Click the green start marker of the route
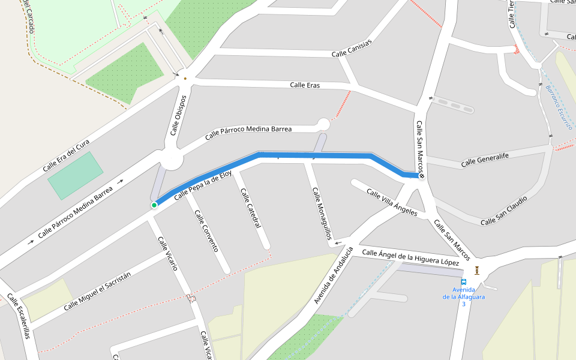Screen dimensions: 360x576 [x=154, y=205]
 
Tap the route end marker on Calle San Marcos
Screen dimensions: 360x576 [x=422, y=176]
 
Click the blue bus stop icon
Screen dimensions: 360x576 [x=463, y=282]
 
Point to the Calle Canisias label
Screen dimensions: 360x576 [x=352, y=49]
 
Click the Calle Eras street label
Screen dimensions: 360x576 [x=305, y=85]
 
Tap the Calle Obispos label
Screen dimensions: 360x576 [x=178, y=115]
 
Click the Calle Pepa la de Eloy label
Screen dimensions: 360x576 [x=202, y=187]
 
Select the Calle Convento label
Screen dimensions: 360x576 [x=206, y=230]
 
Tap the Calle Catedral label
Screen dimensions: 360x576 [x=250, y=208]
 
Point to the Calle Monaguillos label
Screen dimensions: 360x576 [x=321, y=213]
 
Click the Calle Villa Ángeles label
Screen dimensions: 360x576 [x=392, y=203]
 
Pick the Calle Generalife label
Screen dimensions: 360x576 [x=485, y=160]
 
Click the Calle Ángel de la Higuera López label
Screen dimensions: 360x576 [x=410, y=258]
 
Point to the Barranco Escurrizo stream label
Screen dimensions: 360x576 [x=559, y=107]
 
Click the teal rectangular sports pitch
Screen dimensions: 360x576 [x=76, y=175]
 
